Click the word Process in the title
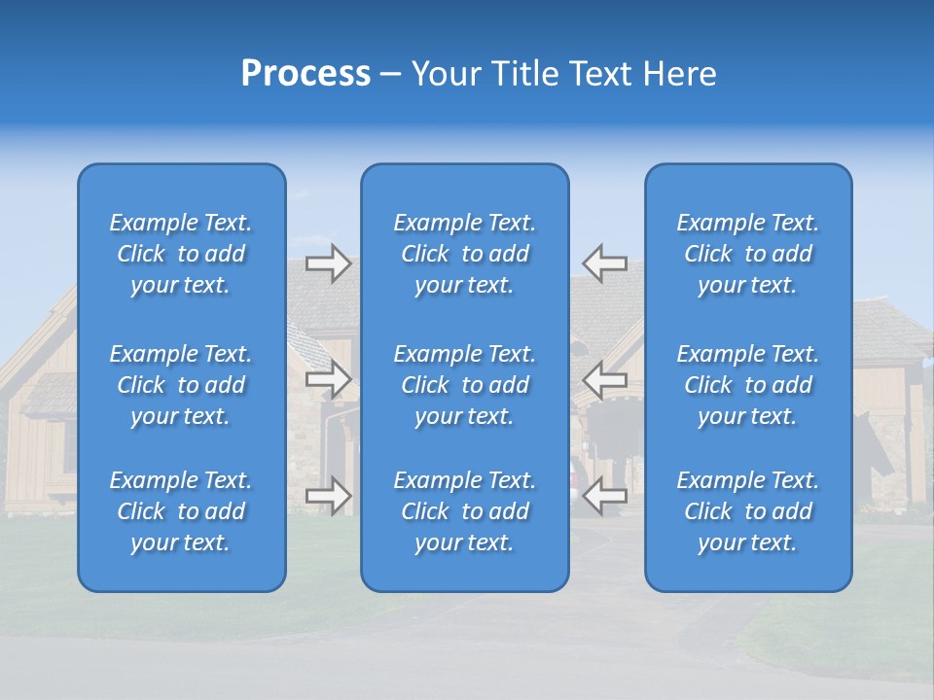305,74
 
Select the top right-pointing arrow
328,262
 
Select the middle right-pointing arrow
328,379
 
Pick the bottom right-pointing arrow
328,496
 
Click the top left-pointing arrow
605,262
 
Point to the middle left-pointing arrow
605,379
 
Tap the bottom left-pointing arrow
605,496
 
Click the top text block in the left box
181,254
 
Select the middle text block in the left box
181,385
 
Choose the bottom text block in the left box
181,511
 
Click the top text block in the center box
465,254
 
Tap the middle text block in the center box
465,385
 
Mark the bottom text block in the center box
465,511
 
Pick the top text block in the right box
748,254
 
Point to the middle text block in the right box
748,385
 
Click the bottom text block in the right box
748,511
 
